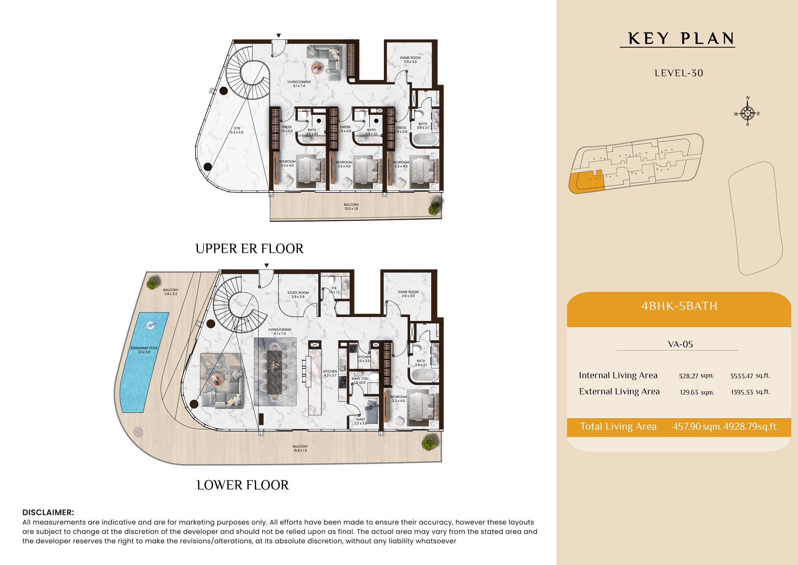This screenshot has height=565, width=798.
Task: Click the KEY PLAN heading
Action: (681, 39)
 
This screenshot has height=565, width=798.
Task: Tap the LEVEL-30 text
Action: (679, 73)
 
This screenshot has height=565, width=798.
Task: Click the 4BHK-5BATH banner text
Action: (679, 306)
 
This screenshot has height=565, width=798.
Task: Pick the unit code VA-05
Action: (680, 344)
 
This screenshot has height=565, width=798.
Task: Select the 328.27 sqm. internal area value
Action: (696, 376)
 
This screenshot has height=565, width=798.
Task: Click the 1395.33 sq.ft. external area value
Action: (751, 392)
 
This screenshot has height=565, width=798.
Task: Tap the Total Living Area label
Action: (618, 426)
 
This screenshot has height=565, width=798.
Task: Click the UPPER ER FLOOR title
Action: (249, 249)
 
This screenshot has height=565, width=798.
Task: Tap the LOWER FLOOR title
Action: (243, 485)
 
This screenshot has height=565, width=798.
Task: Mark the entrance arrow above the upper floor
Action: (279, 36)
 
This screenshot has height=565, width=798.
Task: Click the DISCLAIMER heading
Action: (48, 512)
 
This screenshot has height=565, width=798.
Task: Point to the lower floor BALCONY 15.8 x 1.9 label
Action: (300, 448)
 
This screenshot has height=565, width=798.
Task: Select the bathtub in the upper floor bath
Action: (425, 139)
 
